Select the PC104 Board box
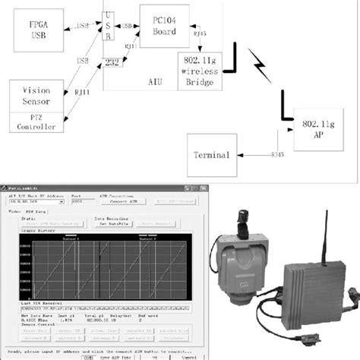click(160, 25)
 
